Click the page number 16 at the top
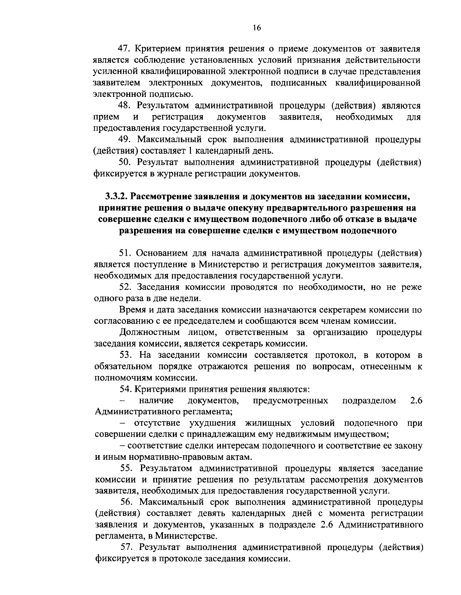click(x=257, y=27)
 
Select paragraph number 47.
click(x=122, y=49)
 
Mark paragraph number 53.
click(x=125, y=355)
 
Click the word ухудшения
click(x=212, y=423)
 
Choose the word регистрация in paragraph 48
click(x=177, y=117)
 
